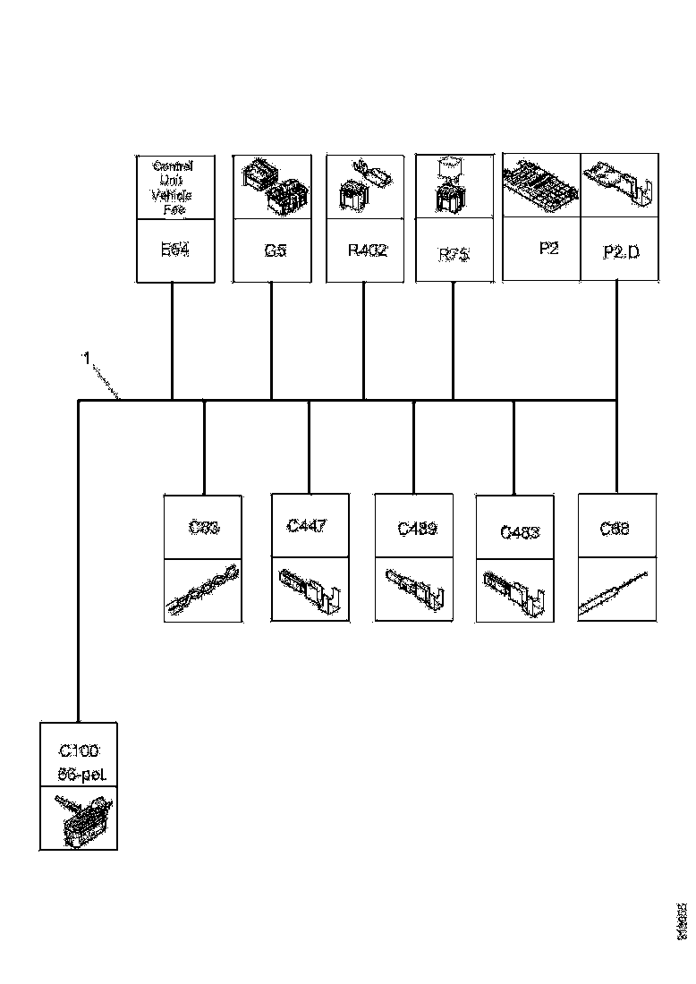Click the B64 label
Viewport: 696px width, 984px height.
[x=174, y=251]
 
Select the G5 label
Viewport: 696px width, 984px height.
[x=276, y=251]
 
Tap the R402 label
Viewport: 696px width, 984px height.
[x=368, y=250]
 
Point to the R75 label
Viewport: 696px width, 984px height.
[x=454, y=255]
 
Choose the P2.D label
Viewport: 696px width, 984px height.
[x=622, y=252]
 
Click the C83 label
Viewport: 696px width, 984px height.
[x=204, y=527]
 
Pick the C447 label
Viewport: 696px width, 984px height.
[x=307, y=525]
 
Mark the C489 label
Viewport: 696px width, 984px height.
[x=417, y=529]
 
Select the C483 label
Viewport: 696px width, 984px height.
[x=519, y=533]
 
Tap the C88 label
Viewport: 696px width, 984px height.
[x=615, y=529]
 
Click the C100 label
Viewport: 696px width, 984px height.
[x=79, y=750]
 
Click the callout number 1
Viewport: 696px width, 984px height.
[x=87, y=358]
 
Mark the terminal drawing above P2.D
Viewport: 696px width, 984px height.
[x=619, y=186]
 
